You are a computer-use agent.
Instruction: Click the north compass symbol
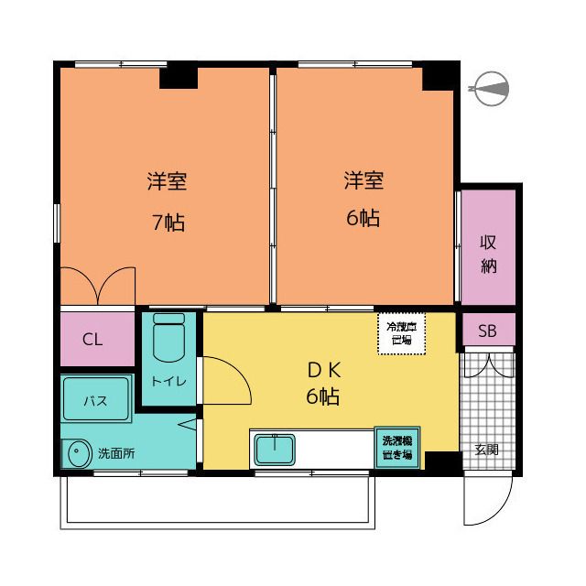click(490, 89)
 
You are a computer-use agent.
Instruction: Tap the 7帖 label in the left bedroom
click(168, 222)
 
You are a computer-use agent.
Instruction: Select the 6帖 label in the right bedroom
click(363, 218)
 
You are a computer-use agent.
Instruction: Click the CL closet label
click(92, 340)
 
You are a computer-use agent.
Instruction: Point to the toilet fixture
click(168, 338)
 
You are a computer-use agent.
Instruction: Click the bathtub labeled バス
click(96, 399)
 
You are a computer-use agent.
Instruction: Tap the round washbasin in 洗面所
click(80, 453)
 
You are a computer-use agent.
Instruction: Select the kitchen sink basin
click(275, 450)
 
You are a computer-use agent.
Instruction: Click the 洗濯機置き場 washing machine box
click(396, 448)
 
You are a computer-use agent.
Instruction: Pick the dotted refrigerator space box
click(402, 333)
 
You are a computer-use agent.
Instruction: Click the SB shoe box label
click(487, 331)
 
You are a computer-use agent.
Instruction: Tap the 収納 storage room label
click(488, 255)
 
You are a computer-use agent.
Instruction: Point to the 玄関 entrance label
click(486, 450)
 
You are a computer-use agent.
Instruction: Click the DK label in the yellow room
click(323, 370)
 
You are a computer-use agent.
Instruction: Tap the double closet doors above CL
click(98, 286)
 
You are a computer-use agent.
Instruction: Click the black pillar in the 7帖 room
click(179, 78)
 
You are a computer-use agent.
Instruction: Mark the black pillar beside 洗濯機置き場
click(443, 462)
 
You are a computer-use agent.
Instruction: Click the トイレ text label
click(168, 381)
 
